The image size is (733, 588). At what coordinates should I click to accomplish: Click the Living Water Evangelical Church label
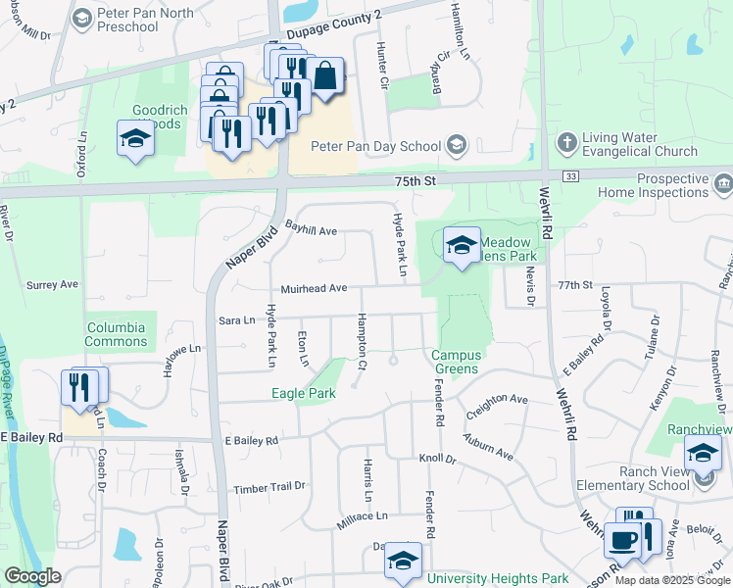[x=640, y=144]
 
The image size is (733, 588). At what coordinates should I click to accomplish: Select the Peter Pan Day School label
[x=375, y=146]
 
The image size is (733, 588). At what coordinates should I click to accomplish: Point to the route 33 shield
[x=569, y=174]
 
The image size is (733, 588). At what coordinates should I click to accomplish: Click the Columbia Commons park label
[x=117, y=334]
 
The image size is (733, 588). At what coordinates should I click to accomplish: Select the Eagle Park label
[x=304, y=393]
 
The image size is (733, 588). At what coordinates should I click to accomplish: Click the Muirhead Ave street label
[x=314, y=288]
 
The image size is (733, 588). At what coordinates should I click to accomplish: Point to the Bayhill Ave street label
[x=312, y=230]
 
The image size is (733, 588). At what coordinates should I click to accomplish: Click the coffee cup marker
[x=622, y=541]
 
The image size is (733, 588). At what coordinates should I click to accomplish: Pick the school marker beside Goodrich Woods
[x=135, y=140]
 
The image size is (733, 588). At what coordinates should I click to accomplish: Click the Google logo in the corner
[x=32, y=576]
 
